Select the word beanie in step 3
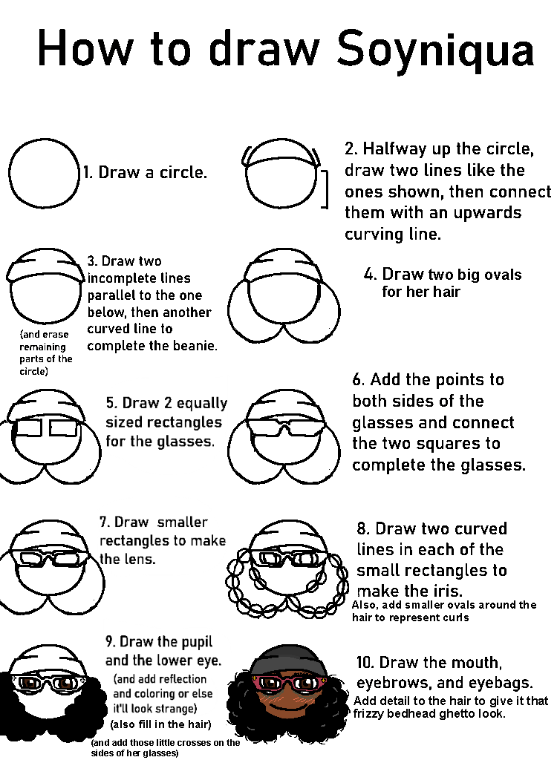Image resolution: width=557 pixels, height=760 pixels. point(195,346)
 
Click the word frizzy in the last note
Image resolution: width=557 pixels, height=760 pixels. point(366,714)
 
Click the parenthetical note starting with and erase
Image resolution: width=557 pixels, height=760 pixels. point(45,353)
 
